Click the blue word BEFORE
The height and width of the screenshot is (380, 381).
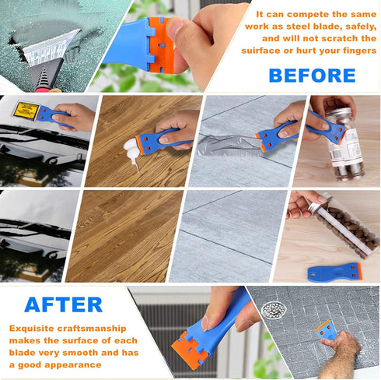(x=312, y=76)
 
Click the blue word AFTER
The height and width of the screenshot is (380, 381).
(x=64, y=304)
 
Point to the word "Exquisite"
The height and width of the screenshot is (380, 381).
(x=37, y=328)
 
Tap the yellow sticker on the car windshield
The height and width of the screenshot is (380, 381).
(x=26, y=111)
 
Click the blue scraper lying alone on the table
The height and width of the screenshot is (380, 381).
(x=334, y=272)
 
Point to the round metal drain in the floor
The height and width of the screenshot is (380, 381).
(x=273, y=311)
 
